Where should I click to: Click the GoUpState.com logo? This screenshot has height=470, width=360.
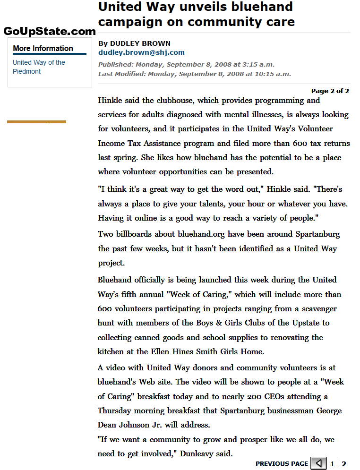50,32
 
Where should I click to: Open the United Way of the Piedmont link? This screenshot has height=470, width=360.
39,67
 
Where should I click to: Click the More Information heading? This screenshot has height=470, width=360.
43,48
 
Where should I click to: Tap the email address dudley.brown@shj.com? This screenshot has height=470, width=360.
141,52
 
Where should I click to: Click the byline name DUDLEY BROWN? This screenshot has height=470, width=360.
140,43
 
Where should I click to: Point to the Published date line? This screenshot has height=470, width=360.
186,64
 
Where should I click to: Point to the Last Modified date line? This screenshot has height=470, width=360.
195,74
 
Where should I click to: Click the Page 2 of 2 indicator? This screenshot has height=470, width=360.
330,91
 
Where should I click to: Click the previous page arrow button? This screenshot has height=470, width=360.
318,463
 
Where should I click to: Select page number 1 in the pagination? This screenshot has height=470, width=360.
332,464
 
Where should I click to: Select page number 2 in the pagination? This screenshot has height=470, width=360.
344,464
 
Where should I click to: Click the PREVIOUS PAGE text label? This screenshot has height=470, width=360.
282,464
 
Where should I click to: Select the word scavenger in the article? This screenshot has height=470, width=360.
316,309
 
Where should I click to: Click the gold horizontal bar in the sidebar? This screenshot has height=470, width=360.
36,122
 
